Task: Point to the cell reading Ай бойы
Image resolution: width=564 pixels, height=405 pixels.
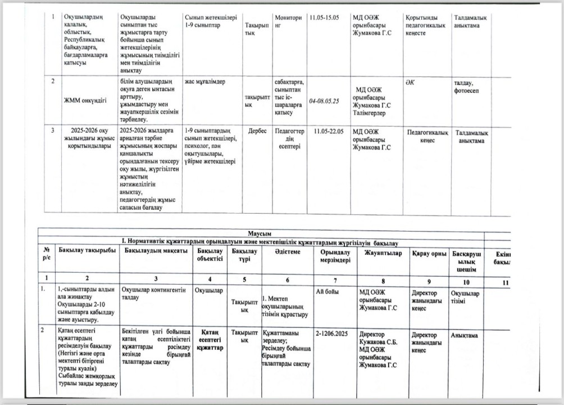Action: [327, 291]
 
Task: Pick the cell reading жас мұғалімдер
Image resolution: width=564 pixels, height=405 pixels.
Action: [204, 82]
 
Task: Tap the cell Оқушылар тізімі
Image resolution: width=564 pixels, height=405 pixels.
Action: [465, 296]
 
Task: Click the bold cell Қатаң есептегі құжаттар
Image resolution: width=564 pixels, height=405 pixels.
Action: [210, 340]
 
